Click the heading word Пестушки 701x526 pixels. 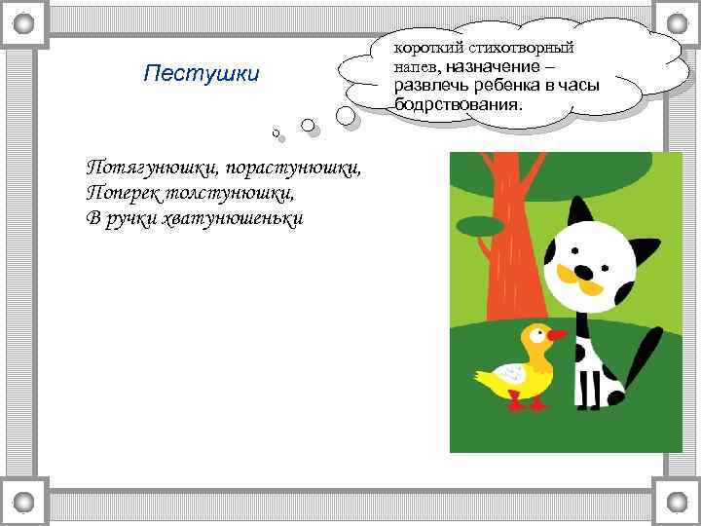(x=201, y=74)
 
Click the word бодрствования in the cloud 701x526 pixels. (x=458, y=103)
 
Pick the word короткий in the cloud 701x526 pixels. (x=424, y=48)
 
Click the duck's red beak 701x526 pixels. (x=557, y=335)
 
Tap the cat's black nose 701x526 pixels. (x=582, y=271)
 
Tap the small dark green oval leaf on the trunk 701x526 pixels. (x=480, y=226)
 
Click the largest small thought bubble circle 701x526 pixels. (x=346, y=115)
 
